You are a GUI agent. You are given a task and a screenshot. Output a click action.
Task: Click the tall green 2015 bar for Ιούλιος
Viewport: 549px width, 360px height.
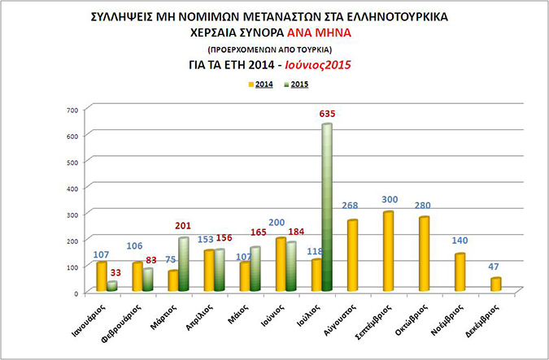[x=326, y=207]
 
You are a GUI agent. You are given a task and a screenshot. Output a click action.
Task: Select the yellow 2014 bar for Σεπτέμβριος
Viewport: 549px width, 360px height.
[x=388, y=251]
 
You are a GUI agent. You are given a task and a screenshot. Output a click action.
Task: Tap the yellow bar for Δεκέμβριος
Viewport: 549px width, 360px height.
[x=495, y=284]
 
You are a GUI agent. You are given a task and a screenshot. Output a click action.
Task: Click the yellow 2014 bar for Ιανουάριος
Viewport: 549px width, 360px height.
[x=101, y=276]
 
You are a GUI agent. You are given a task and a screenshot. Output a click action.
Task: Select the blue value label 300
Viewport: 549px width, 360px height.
[x=389, y=200]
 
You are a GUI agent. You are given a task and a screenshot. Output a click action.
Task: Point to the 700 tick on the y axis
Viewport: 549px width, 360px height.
[x=72, y=109]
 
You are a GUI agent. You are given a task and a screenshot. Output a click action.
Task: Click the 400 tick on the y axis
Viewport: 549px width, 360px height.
[x=72, y=188]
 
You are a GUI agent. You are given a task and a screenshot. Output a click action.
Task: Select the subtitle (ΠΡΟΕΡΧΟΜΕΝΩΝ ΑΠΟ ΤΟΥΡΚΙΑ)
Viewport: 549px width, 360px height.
[x=274, y=49]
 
